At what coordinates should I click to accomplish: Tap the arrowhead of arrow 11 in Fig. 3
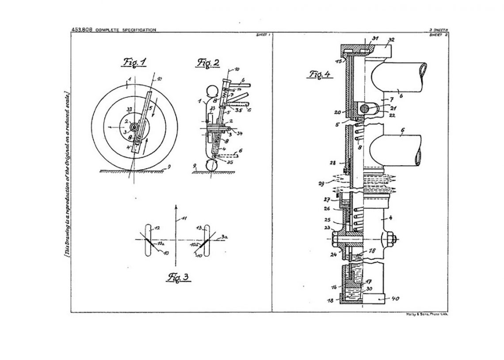click(176, 206)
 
